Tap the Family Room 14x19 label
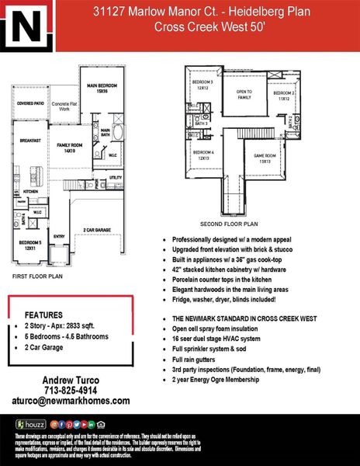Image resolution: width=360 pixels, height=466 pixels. click(x=74, y=148)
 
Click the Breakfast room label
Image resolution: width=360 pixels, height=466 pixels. click(x=31, y=141)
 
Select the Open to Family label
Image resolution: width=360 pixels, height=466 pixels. click(x=245, y=94)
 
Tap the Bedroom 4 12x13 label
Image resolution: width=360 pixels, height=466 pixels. click(x=203, y=155)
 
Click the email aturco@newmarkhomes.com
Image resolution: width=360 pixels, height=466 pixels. click(x=74, y=401)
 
